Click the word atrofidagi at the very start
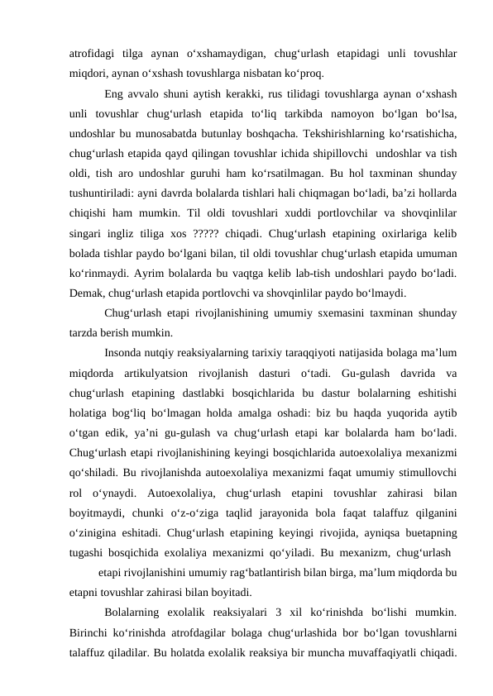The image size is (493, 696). [x=92, y=54]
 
